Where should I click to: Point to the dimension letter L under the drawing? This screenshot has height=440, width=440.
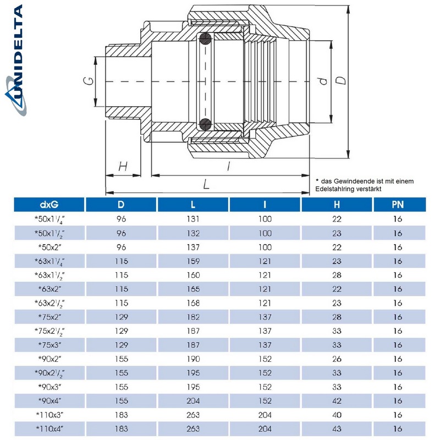pos(206,185)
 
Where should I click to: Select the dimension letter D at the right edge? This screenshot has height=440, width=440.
pos(342,80)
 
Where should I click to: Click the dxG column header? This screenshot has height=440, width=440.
pos(49,205)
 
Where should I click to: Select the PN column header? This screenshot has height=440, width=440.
pos(397,205)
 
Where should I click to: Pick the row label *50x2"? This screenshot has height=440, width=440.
pos(49,246)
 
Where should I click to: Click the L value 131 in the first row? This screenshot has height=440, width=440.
pos(193,219)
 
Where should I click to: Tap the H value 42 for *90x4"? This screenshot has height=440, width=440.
pos(337,400)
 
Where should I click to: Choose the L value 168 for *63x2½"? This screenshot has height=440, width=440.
pos(193,302)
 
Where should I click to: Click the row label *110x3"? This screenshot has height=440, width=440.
pos(49,414)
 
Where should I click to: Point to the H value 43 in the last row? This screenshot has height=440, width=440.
pos(337,428)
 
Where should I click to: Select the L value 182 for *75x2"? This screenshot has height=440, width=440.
pos(193,316)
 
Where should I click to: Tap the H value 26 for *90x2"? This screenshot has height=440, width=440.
pos(337,358)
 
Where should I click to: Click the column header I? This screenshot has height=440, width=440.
pos(265,205)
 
